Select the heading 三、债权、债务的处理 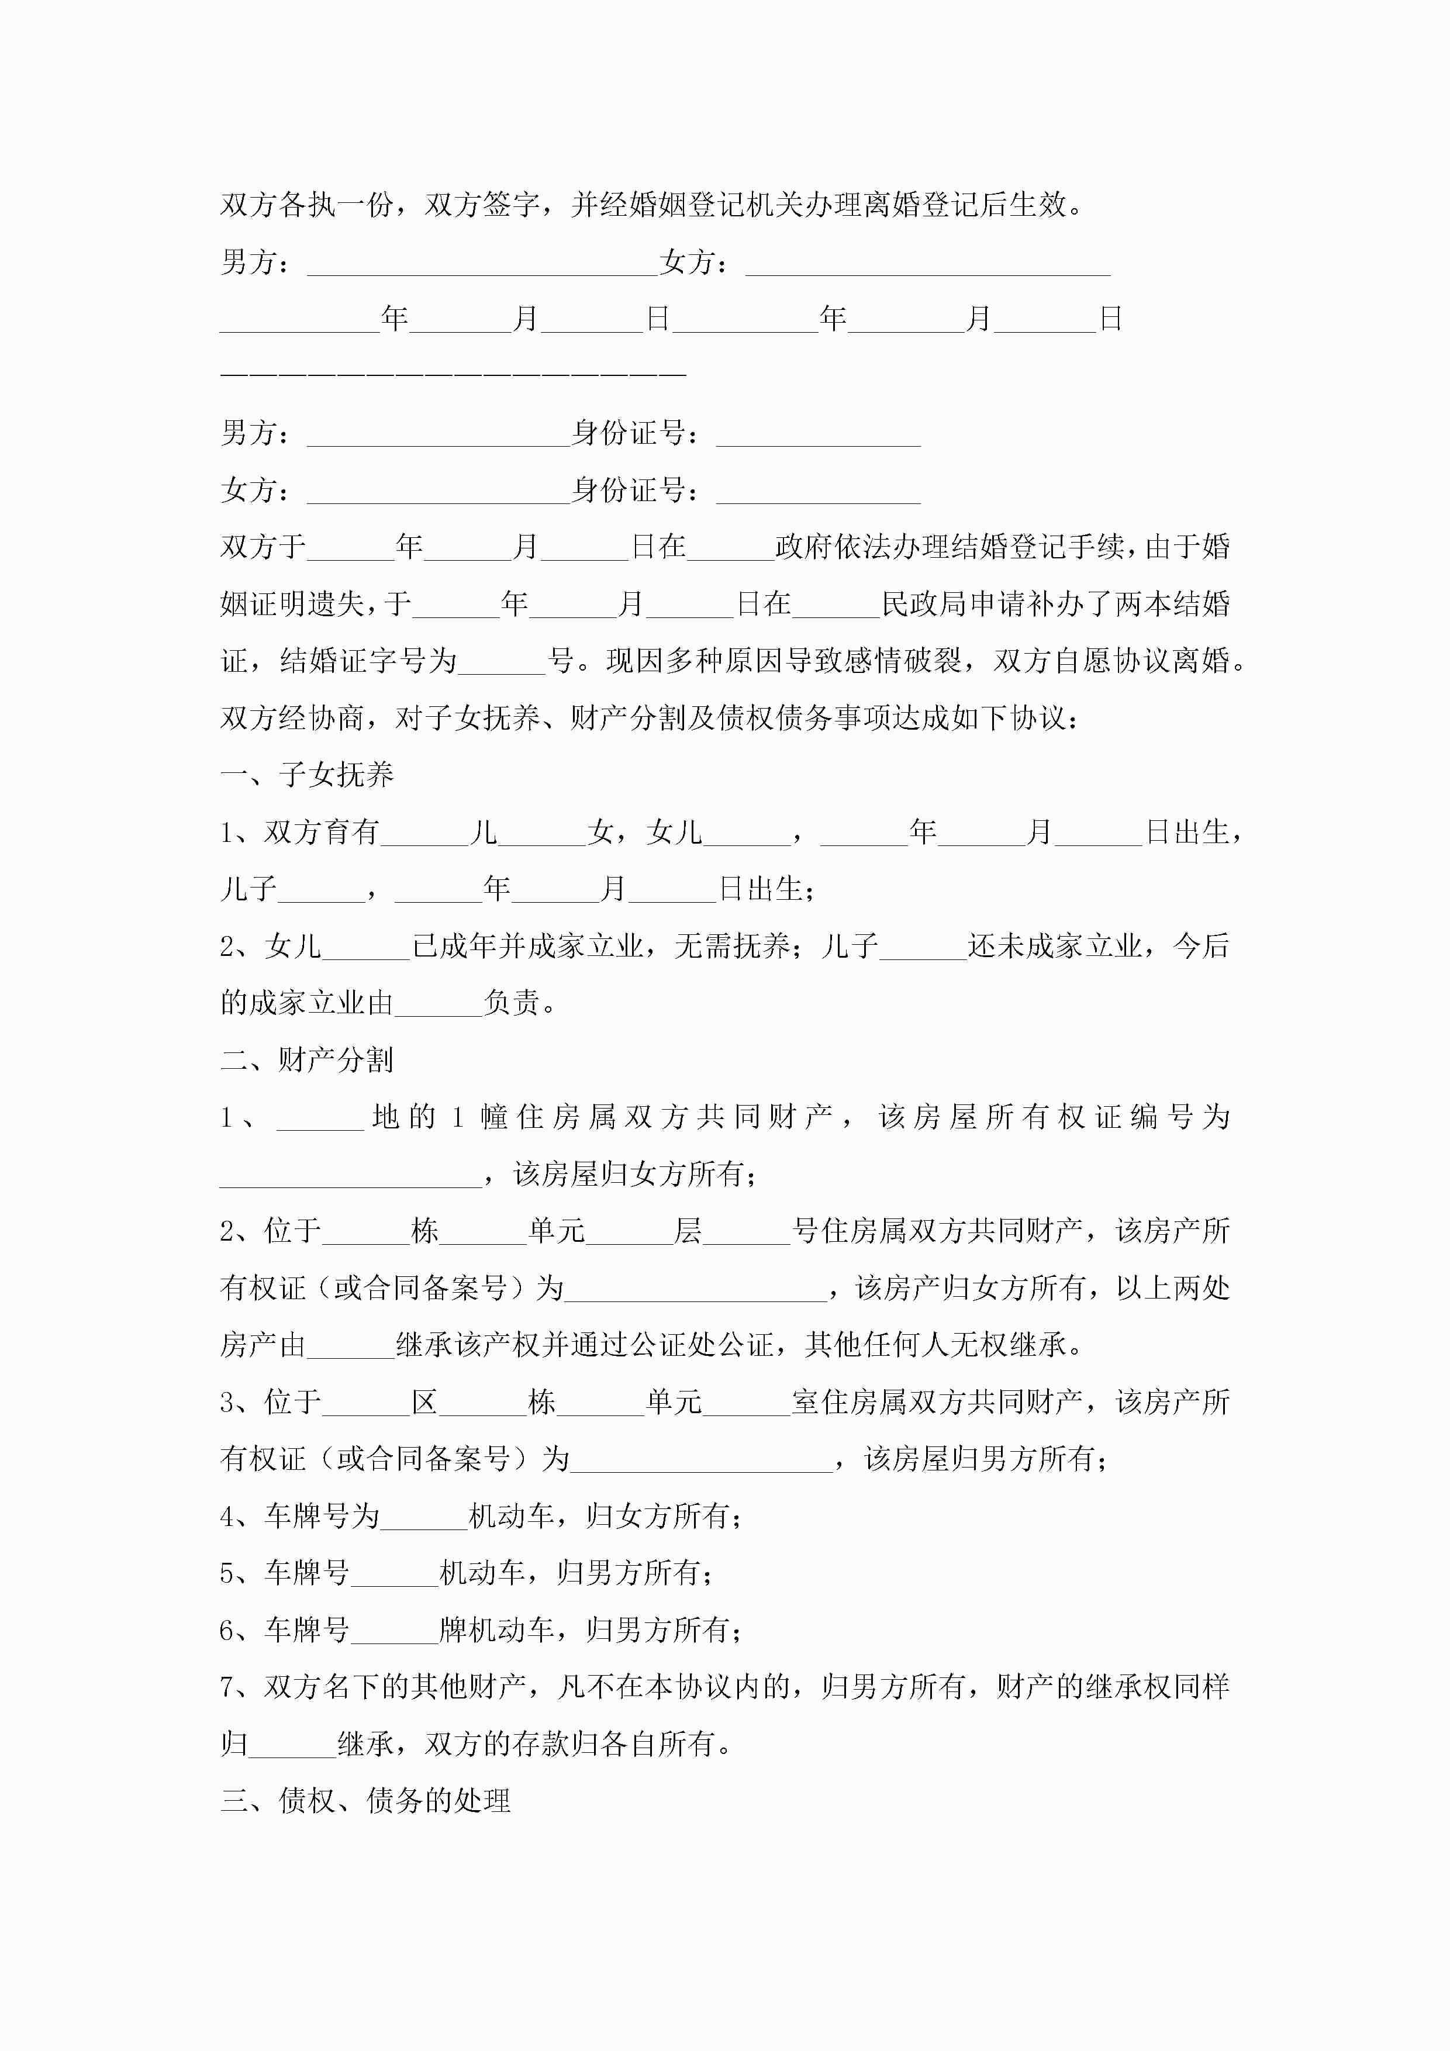365,1800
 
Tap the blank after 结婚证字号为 501,662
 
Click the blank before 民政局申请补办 836,605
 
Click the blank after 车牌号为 424,1516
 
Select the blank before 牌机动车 394,1629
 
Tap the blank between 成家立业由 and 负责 438,1003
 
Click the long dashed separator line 453,374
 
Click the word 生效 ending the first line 1038,205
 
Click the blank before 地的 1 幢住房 320,1117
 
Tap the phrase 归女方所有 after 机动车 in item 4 658,1516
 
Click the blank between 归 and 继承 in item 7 292,1743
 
